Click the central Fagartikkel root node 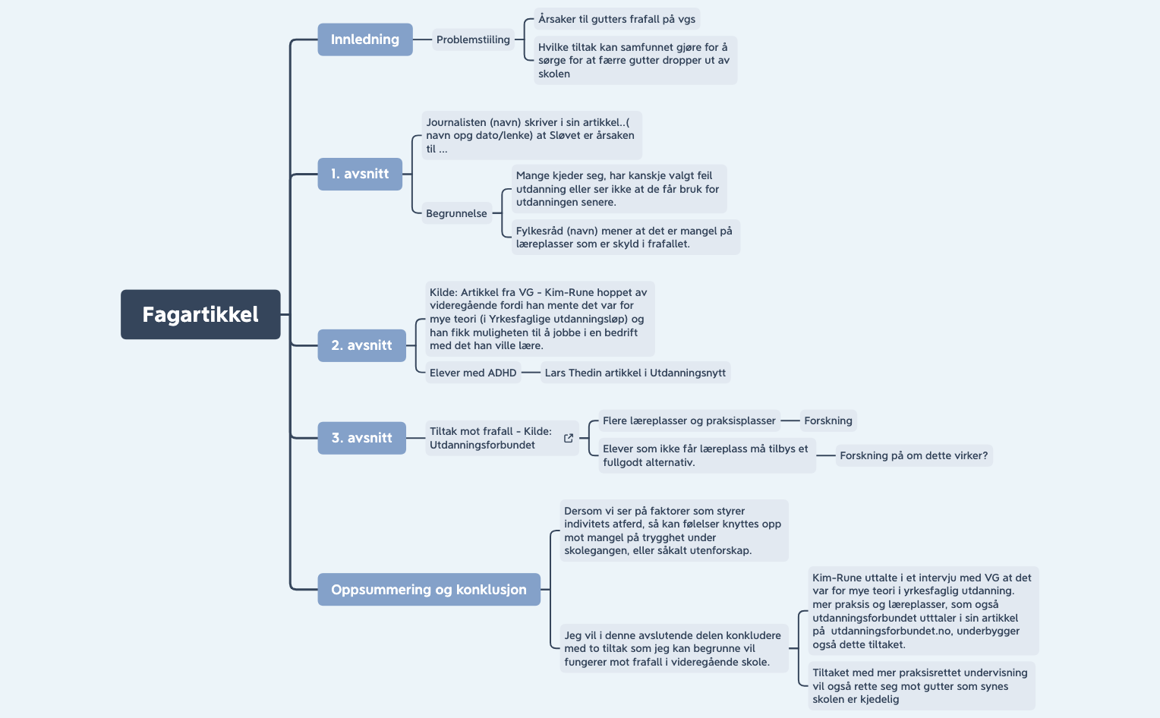(200, 314)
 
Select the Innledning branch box (364, 39)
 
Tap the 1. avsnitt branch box (360, 174)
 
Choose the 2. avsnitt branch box (361, 345)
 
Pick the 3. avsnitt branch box (361, 438)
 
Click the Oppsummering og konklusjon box (429, 590)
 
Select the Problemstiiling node (473, 39)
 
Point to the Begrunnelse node (456, 213)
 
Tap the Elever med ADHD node (472, 373)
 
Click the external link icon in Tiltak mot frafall (569, 438)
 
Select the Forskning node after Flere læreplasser (828, 420)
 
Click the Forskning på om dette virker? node (913, 455)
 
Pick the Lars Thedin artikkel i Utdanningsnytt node (635, 373)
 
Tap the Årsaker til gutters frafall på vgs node (616, 19)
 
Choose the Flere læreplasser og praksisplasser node (689, 420)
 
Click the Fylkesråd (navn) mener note (625, 237)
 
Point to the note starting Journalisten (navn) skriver (531, 135)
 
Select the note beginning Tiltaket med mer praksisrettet (920, 686)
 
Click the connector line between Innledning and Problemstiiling (422, 39)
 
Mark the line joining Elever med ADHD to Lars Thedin (531, 373)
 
